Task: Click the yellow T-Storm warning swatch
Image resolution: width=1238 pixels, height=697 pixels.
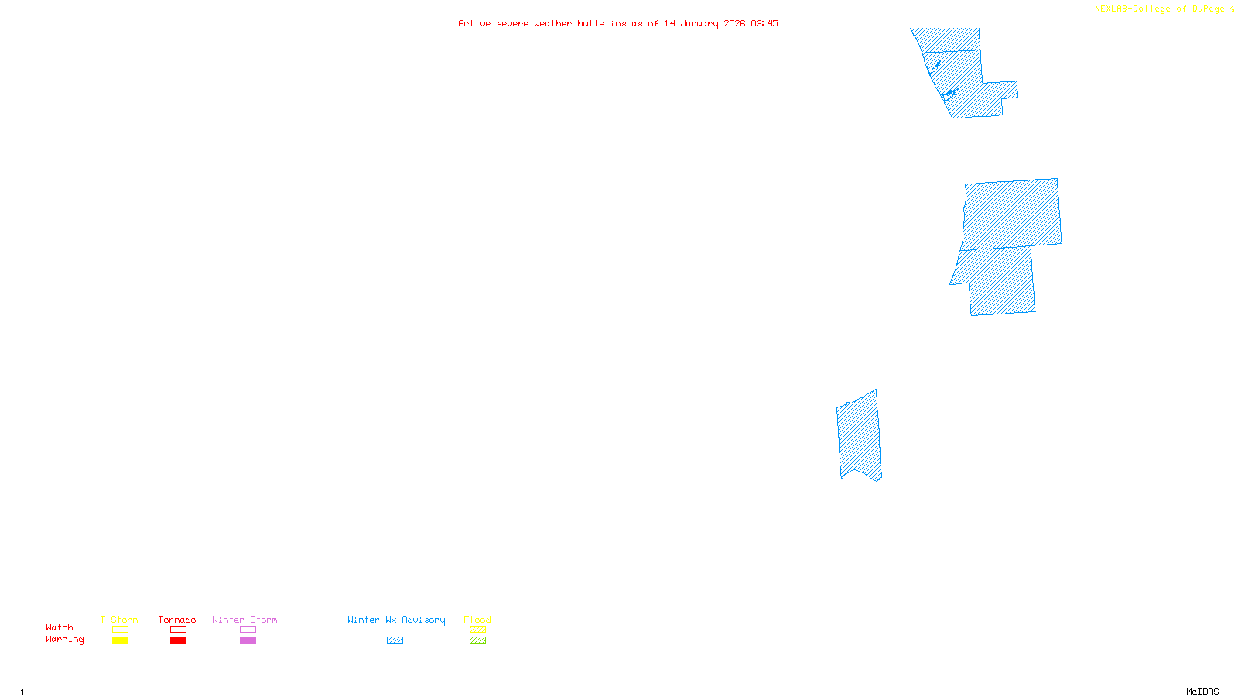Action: [120, 640]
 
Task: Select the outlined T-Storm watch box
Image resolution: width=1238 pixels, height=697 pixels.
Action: [120, 630]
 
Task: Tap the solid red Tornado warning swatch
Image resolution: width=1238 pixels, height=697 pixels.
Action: [178, 640]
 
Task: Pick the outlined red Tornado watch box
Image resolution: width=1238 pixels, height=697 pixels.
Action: [178, 630]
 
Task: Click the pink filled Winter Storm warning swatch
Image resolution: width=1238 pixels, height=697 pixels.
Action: [248, 640]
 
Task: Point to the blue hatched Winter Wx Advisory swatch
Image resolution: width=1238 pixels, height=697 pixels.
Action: [395, 640]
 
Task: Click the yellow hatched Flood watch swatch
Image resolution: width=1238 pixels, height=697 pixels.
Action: [477, 630]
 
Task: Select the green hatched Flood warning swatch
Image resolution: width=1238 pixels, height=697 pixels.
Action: [477, 640]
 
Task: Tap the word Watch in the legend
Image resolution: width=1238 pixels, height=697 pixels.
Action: [60, 628]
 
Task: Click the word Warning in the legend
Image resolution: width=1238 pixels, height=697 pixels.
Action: [64, 640]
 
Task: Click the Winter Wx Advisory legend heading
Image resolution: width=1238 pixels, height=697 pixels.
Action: [396, 620]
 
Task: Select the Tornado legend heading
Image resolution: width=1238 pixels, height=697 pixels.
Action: [177, 620]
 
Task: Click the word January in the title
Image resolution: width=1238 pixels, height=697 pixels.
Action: [699, 23]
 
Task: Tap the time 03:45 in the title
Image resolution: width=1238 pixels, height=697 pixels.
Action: [764, 23]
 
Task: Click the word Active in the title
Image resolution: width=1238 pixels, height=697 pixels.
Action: [474, 23]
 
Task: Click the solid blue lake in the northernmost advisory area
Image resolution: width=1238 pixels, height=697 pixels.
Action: [949, 94]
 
